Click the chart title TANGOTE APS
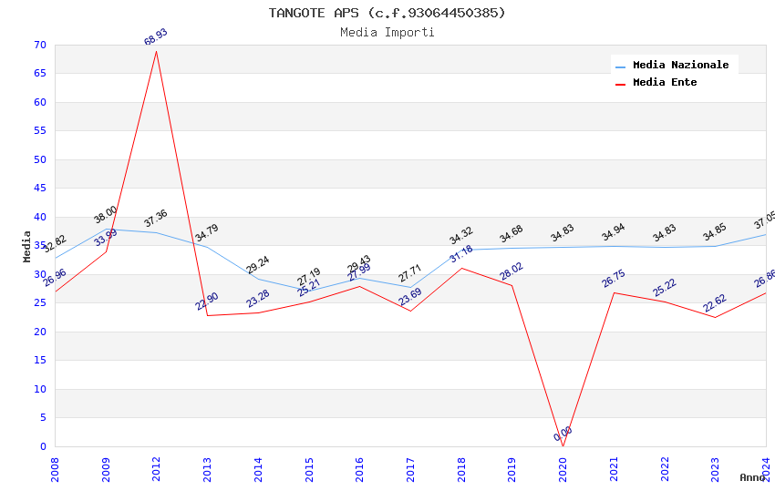tap(387, 13)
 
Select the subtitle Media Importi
tap(387, 32)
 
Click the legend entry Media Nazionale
tap(680, 65)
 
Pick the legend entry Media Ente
tap(665, 82)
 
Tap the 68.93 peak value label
tap(156, 37)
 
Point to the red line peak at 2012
tap(156, 51)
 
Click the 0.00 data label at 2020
tap(563, 434)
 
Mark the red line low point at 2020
tap(563, 445)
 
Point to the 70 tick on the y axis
tap(38, 45)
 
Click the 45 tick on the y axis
tap(38, 189)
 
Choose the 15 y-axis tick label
tap(38, 361)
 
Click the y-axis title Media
tap(27, 246)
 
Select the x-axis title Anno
tap(752, 477)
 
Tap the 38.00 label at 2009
tap(106, 215)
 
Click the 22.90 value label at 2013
tap(207, 302)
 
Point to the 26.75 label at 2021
tap(614, 279)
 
